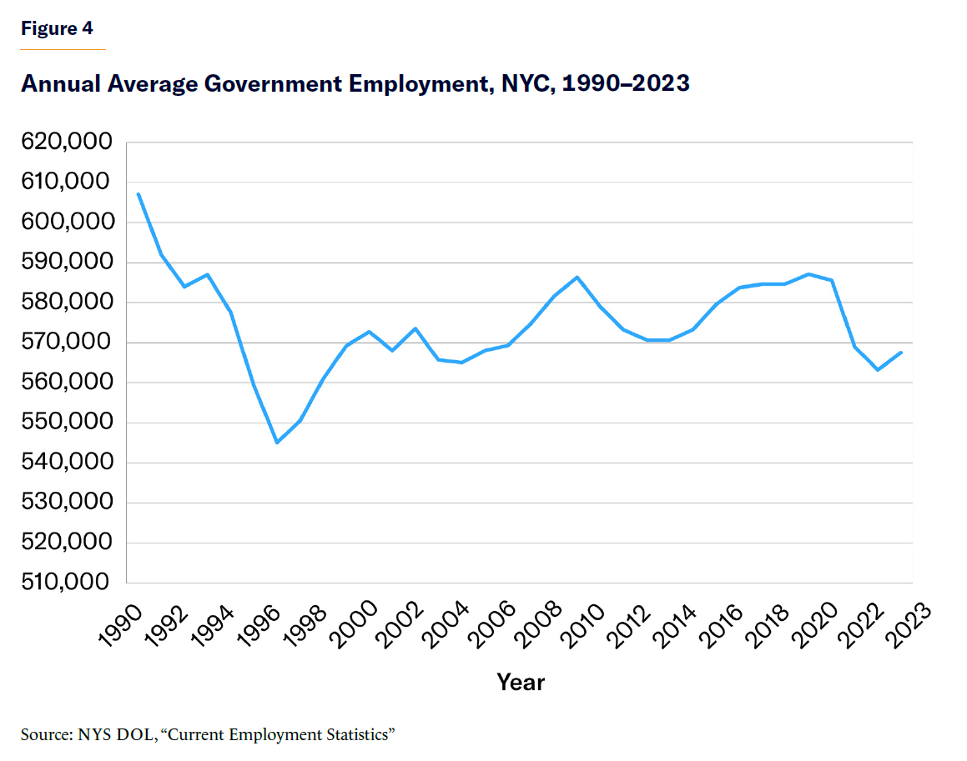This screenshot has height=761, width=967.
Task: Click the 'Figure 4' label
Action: [x=57, y=28]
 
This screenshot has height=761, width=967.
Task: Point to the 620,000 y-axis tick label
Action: [x=64, y=143]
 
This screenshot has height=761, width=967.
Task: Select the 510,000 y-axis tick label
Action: [x=64, y=583]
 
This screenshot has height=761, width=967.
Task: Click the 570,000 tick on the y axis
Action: [x=64, y=343]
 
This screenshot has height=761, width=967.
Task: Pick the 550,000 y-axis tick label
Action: [x=64, y=423]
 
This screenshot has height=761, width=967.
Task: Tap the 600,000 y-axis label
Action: [x=64, y=223]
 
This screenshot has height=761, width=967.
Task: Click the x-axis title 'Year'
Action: [x=521, y=683]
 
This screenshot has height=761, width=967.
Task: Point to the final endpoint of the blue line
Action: [x=901, y=352]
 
